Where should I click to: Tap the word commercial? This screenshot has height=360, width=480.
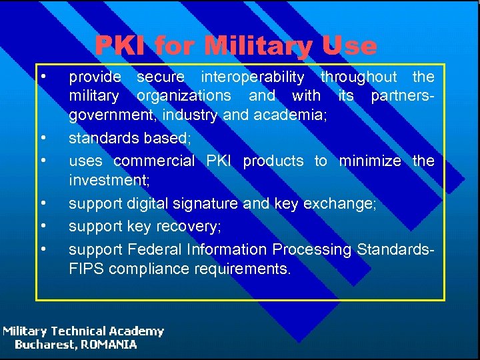point(154,161)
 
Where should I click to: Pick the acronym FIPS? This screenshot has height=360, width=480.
point(84,270)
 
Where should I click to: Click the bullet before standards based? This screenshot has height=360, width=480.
point(43,138)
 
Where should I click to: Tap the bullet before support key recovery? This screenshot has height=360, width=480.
point(43,226)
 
